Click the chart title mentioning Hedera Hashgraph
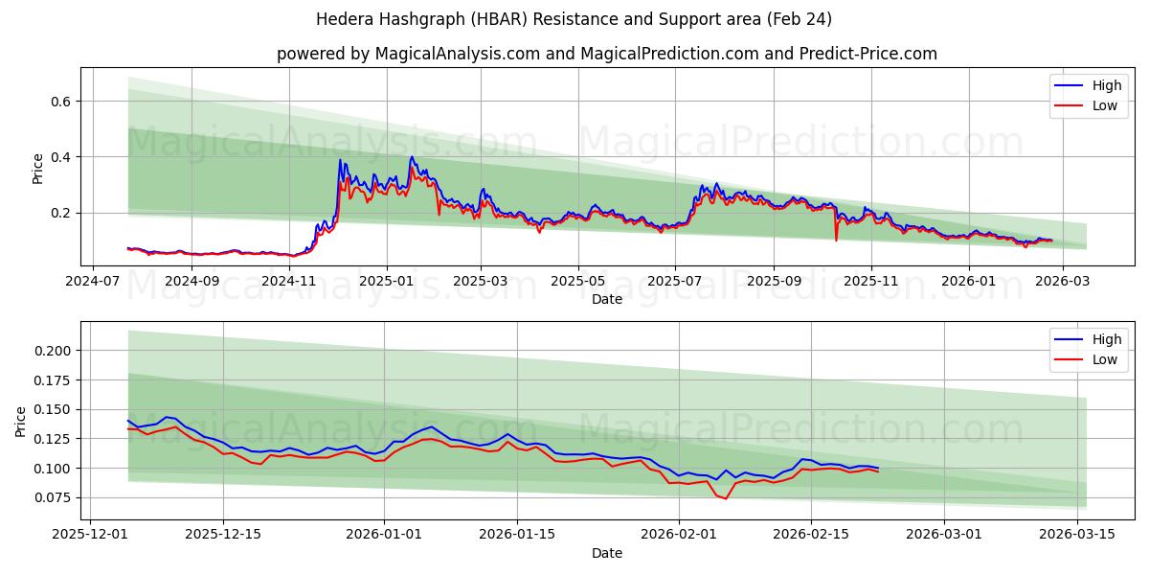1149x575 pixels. (574, 19)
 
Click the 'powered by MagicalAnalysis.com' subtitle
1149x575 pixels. (607, 54)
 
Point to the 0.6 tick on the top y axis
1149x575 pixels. (60, 101)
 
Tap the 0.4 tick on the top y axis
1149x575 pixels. (60, 157)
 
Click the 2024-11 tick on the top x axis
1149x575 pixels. (289, 282)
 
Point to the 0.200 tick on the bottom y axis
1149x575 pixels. (53, 351)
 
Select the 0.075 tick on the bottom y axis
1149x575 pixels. (53, 497)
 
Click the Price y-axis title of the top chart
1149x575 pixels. (38, 169)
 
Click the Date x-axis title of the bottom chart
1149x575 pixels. (607, 553)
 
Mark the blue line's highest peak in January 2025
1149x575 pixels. (412, 157)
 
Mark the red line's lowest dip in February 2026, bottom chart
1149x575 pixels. (725, 498)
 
